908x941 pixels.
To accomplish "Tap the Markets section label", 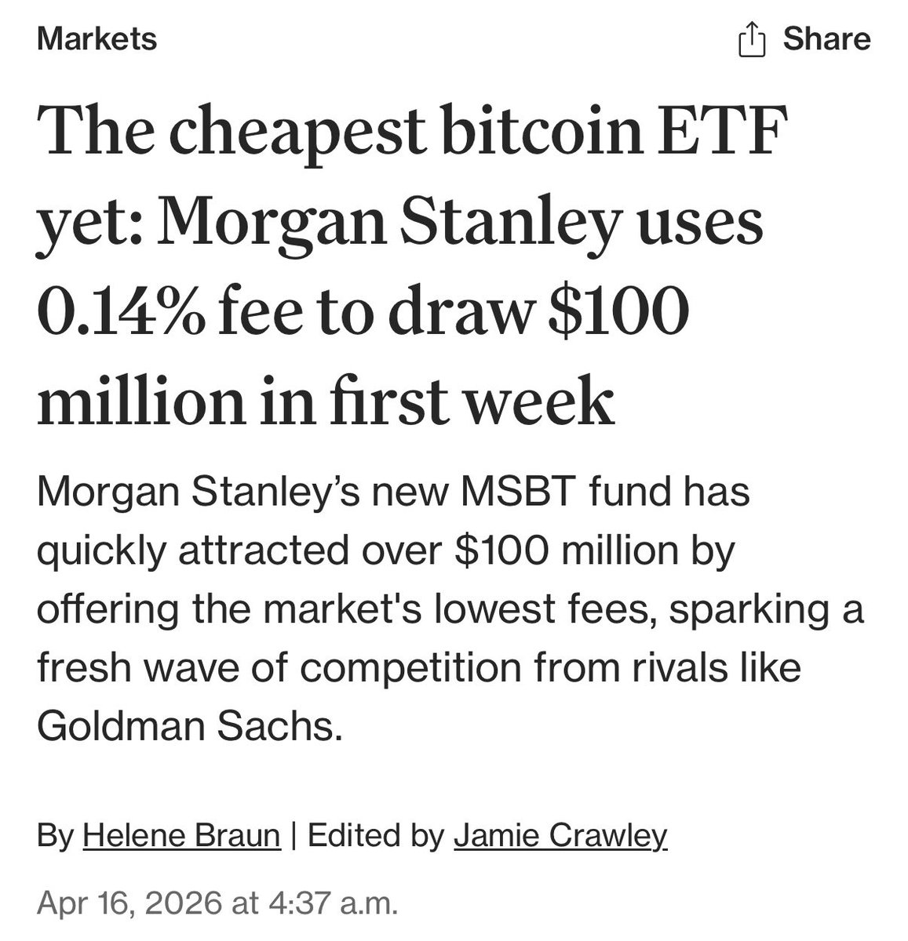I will point(97,38).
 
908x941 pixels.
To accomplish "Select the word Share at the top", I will point(826,38).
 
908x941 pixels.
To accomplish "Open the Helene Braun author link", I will point(181,835).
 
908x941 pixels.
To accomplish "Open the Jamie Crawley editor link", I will point(560,835).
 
